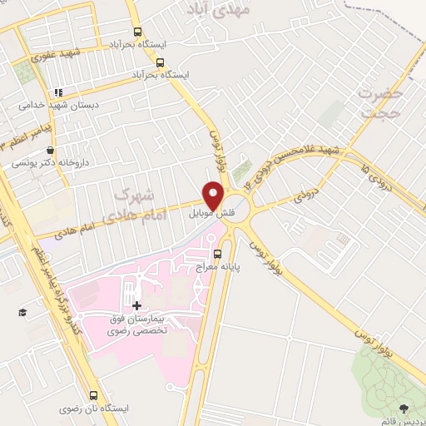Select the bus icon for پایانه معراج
pos(217,254)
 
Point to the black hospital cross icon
pos(136,306)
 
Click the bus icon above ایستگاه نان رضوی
pos(93,395)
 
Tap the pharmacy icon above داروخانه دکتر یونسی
pos(52,151)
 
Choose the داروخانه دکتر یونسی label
pos(51,164)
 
